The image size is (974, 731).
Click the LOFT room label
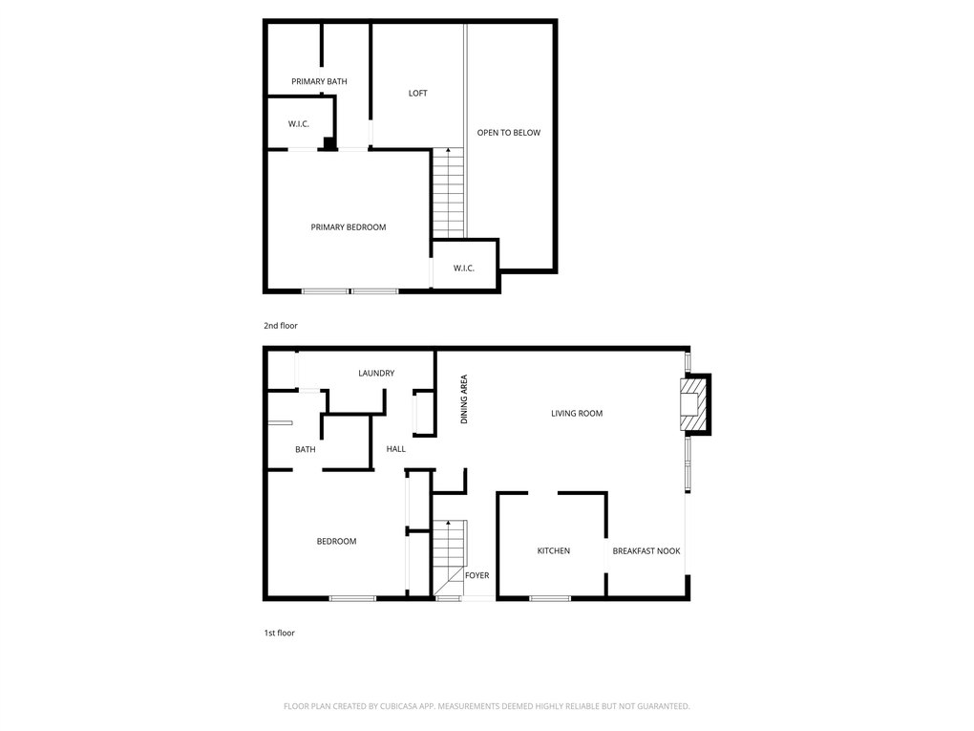(417, 94)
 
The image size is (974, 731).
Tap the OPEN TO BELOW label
(509, 133)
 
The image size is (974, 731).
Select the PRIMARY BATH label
(319, 81)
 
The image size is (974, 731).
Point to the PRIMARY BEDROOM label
(349, 227)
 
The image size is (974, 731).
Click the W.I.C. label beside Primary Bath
(298, 124)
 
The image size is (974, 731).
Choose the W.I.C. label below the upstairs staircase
(463, 269)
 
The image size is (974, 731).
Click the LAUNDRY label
(376, 373)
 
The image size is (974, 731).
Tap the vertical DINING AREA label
(464, 399)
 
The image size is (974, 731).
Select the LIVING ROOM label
(577, 414)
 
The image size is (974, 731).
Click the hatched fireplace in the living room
(694, 404)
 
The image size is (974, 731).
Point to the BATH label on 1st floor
(305, 449)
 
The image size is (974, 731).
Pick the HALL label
(395, 449)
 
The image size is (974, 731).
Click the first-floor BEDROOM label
(337, 542)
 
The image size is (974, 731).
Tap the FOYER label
(477, 575)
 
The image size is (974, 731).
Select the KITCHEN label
(554, 550)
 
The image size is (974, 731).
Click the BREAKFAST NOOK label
(646, 550)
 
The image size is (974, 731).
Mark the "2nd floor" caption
(281, 326)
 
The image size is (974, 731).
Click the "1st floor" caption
(280, 633)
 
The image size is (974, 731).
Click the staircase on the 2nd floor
(448, 193)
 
